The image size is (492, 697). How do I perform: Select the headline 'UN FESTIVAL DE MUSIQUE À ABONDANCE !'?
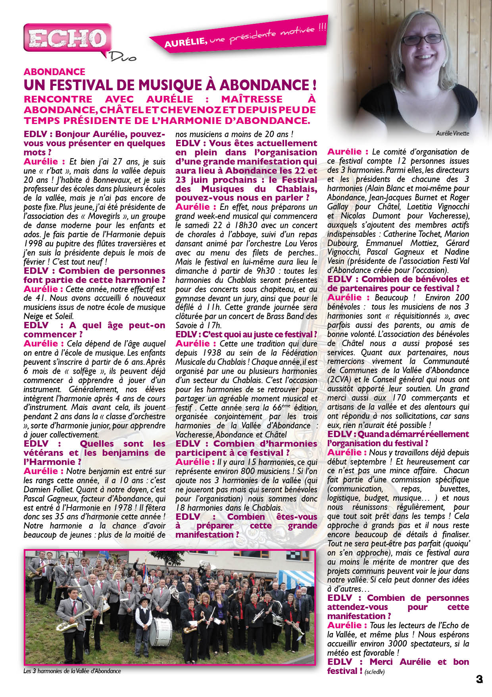(x=170, y=85)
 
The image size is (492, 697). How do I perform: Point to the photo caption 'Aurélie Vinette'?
(x=452, y=134)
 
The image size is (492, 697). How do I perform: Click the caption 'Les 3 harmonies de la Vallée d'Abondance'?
(x=72, y=671)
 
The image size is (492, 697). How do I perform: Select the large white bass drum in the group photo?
(x=162, y=631)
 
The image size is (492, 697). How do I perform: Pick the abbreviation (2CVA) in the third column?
(x=338, y=379)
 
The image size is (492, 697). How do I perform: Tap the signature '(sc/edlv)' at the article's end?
(x=375, y=672)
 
